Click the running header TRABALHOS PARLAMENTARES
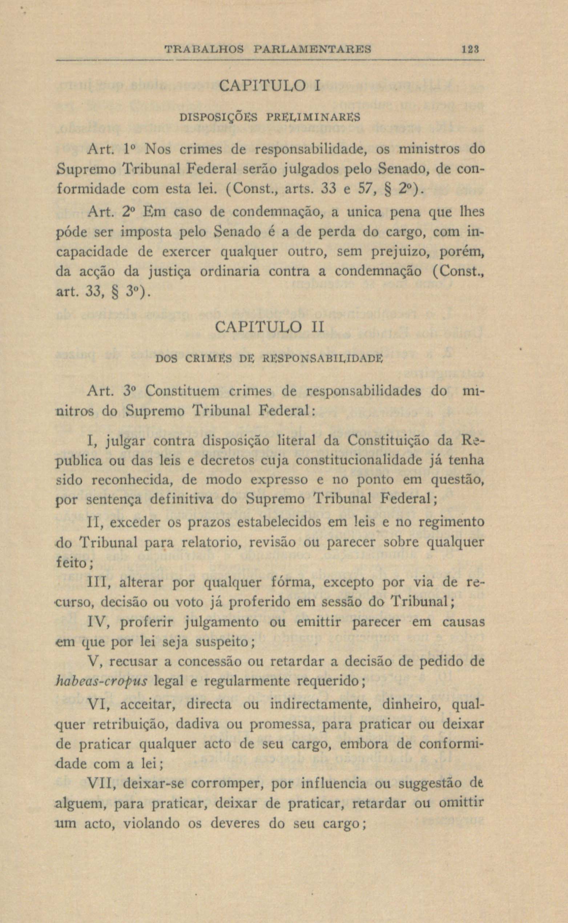(268, 49)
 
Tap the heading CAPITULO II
(269, 326)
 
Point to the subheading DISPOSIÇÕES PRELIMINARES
(270, 117)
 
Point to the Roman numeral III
(98, 583)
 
